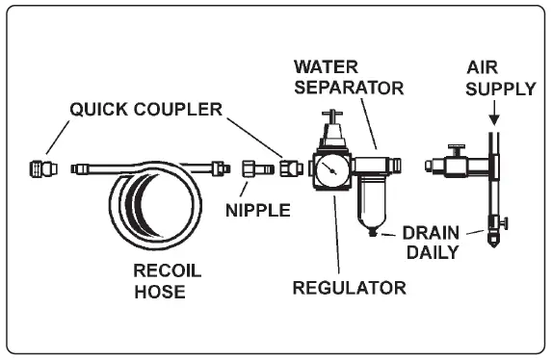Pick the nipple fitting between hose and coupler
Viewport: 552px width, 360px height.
click(251, 169)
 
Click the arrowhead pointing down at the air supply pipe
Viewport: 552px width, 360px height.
click(493, 121)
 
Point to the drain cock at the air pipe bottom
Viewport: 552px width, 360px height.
click(495, 230)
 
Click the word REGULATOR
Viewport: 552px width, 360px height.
click(350, 287)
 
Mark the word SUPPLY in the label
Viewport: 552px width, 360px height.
click(501, 89)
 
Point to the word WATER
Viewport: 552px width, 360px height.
click(327, 67)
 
